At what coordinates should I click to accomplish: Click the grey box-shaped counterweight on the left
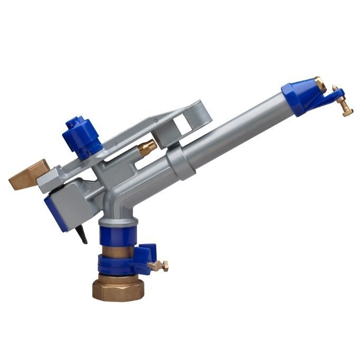pyautogui.click(x=69, y=197)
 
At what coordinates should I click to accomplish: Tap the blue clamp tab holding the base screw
pyautogui.click(x=145, y=251)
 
